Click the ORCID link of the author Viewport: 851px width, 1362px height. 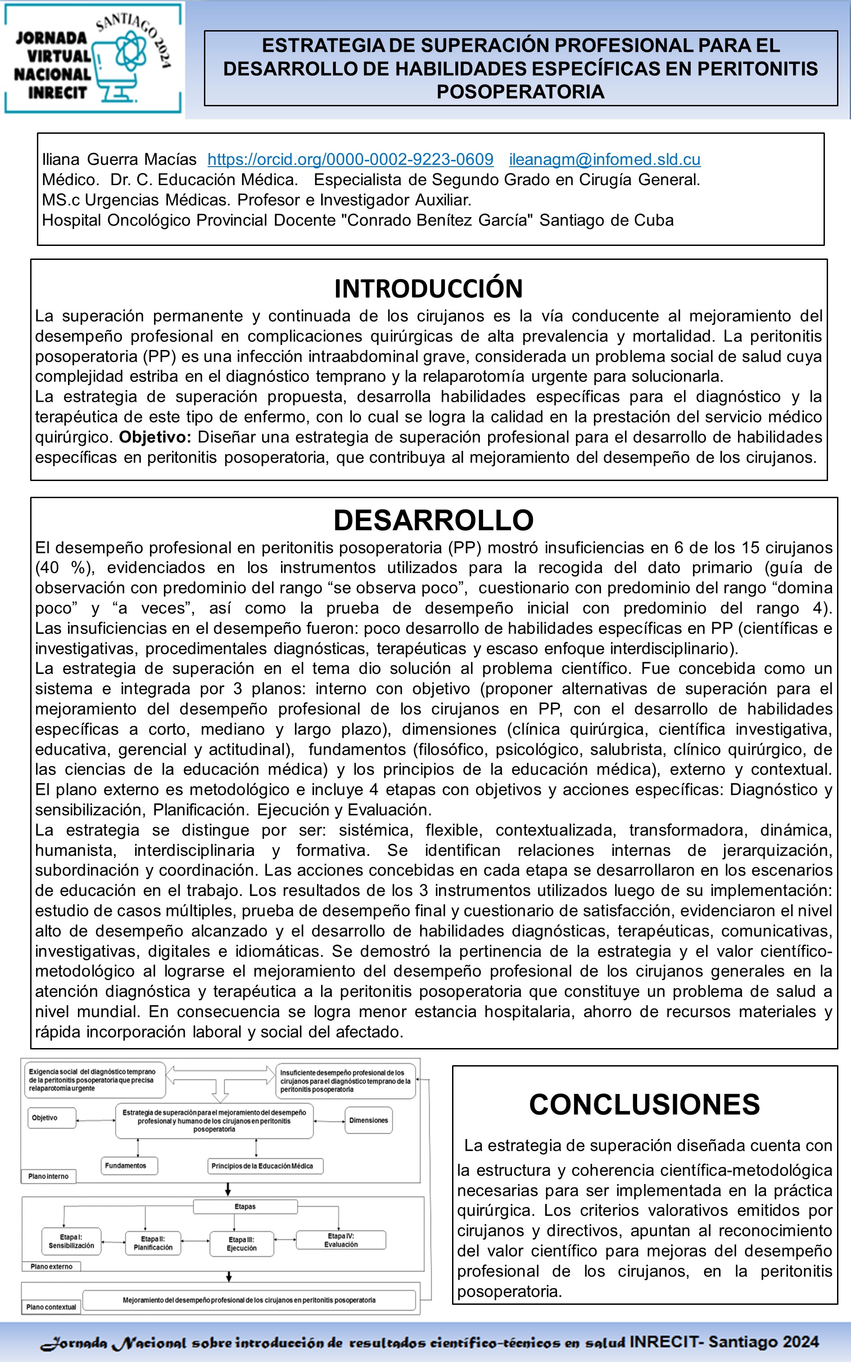(350, 160)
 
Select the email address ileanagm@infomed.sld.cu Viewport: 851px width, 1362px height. (604, 160)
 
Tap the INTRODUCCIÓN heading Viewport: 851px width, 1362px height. (428, 289)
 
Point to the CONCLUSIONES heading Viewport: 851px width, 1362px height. (644, 1105)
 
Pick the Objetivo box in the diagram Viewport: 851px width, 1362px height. (51, 1118)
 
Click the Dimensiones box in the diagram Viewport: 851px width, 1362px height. (368, 1120)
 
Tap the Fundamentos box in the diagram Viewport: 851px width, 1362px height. (129, 1166)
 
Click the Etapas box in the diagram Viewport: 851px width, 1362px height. (245, 1207)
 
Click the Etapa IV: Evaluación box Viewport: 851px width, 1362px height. (340, 1240)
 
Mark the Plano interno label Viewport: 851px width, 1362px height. (49, 1176)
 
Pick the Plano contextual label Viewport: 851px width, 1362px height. (50, 1307)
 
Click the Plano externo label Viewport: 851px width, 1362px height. (51, 1267)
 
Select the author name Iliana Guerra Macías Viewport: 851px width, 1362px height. (119, 160)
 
